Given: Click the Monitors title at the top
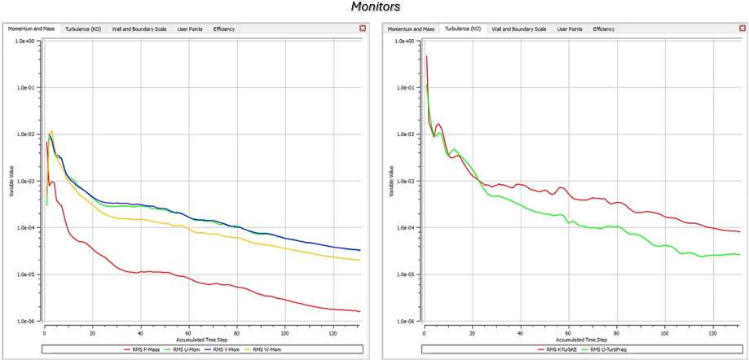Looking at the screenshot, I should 376,7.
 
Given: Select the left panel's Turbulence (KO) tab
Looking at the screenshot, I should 83,29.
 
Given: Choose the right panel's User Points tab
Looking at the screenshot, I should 570,29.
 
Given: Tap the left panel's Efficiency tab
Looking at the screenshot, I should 223,29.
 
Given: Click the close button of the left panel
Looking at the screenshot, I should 363,29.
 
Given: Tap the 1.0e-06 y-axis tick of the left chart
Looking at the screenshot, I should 26,321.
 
